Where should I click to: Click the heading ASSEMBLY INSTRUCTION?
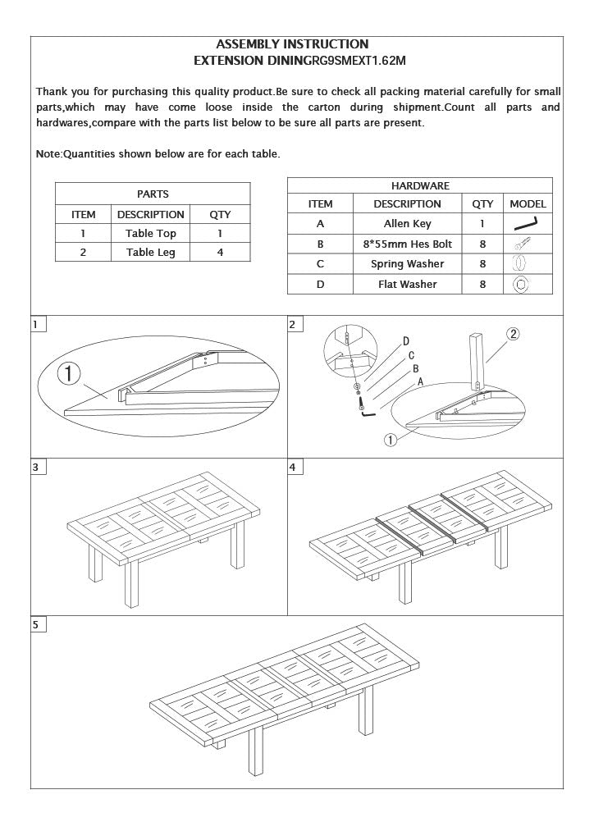coord(291,44)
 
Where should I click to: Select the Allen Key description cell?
coord(407,224)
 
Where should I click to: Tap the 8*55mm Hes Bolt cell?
coord(407,244)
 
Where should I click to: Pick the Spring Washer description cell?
coord(407,264)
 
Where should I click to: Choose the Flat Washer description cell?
coord(407,285)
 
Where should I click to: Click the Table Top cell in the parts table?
coord(150,234)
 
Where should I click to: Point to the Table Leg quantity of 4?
coord(220,253)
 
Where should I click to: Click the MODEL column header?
coord(528,204)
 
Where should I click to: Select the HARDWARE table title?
coord(419,186)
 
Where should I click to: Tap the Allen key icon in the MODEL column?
coord(525,224)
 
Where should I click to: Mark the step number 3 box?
coord(36,467)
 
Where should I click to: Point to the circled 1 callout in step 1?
coord(69,374)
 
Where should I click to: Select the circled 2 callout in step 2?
coord(513,333)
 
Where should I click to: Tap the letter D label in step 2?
coord(405,341)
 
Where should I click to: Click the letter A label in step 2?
coord(421,382)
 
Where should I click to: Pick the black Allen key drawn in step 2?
coord(367,414)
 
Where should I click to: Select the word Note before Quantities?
coord(48,154)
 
